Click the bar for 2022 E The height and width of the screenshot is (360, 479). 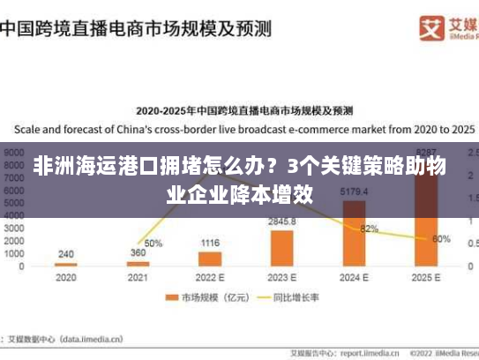pyautogui.click(x=210, y=259)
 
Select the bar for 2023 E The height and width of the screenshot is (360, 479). pyautogui.click(x=282, y=248)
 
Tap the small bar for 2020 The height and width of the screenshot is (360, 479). pyautogui.click(x=66, y=264)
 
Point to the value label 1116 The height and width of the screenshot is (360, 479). pyautogui.click(x=210, y=242)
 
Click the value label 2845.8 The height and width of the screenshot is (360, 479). pyautogui.click(x=282, y=221)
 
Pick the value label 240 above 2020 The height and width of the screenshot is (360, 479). pyautogui.click(x=66, y=254)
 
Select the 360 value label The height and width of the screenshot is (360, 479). pyautogui.click(x=138, y=253)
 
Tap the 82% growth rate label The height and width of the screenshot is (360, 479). pyautogui.click(x=370, y=229)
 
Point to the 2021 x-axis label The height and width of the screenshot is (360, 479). pyautogui.click(x=138, y=277)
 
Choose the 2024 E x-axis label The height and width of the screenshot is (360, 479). pyautogui.click(x=354, y=277)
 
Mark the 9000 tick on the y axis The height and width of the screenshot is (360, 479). pyautogui.click(x=14, y=152)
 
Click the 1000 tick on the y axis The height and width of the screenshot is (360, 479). pyautogui.click(x=14, y=253)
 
